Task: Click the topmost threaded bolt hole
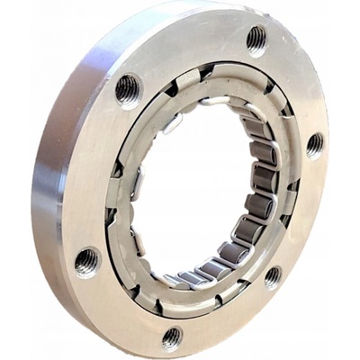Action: coord(256,38)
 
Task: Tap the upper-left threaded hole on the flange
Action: coord(128,88)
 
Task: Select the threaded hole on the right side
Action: coord(314,144)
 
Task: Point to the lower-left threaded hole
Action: coord(87,262)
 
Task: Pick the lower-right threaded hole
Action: coord(273,276)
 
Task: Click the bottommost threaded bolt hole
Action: coord(172,337)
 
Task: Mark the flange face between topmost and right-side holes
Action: coord(297,85)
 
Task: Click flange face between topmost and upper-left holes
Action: coord(189,54)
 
